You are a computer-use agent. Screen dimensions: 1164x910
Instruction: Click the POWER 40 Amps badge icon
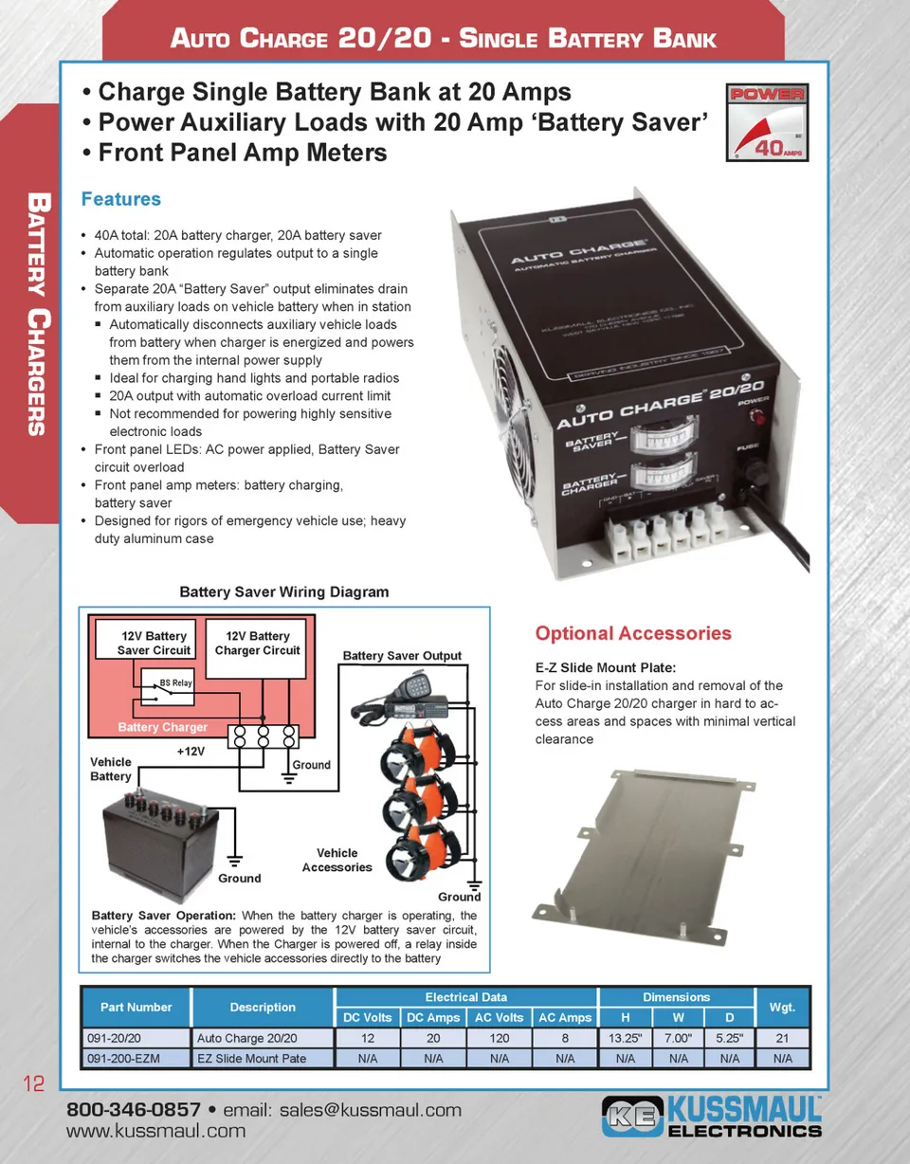pos(766,122)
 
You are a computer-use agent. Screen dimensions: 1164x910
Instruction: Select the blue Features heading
pos(120,199)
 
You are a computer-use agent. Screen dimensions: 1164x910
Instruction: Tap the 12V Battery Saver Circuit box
pos(154,643)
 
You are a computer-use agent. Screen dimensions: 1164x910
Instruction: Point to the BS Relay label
pos(175,682)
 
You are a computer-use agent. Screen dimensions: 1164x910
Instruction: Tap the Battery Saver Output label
pos(402,655)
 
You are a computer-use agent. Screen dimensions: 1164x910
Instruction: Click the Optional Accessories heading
pos(633,633)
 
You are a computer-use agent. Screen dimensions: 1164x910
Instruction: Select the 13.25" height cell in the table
pos(625,1038)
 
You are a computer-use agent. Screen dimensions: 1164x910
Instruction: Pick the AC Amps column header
pos(564,1018)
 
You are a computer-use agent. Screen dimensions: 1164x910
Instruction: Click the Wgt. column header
pos(782,1007)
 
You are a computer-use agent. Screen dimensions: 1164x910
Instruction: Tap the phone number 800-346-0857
pos(133,1110)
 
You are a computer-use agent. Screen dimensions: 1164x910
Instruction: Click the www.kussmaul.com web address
pos(155,1131)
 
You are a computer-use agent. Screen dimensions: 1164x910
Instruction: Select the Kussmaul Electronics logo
pos(712,1117)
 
